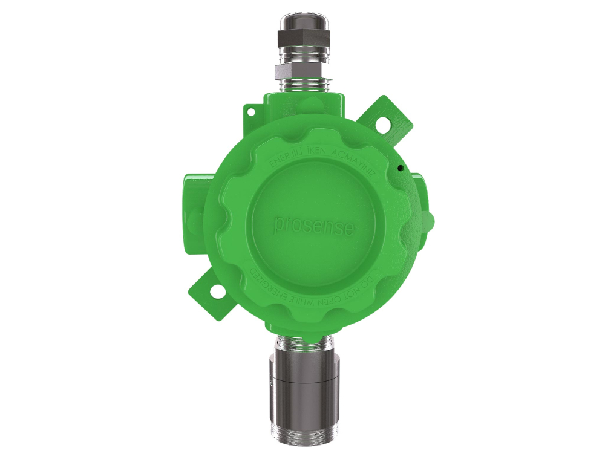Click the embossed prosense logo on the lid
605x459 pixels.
pos(314,225)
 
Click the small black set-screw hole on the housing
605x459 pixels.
pos(401,167)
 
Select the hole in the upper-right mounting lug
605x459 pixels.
pos(383,123)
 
